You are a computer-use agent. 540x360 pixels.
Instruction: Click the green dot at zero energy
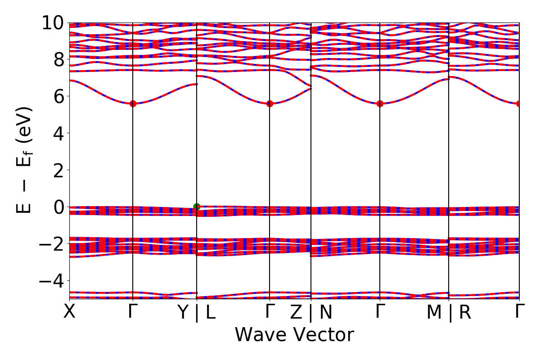(197, 207)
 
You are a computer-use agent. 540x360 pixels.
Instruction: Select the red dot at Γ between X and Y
(133, 103)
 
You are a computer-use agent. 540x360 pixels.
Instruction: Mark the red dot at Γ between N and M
(380, 103)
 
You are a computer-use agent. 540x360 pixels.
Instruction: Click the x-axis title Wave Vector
(294, 335)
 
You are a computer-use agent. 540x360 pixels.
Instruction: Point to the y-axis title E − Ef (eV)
(25, 160)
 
